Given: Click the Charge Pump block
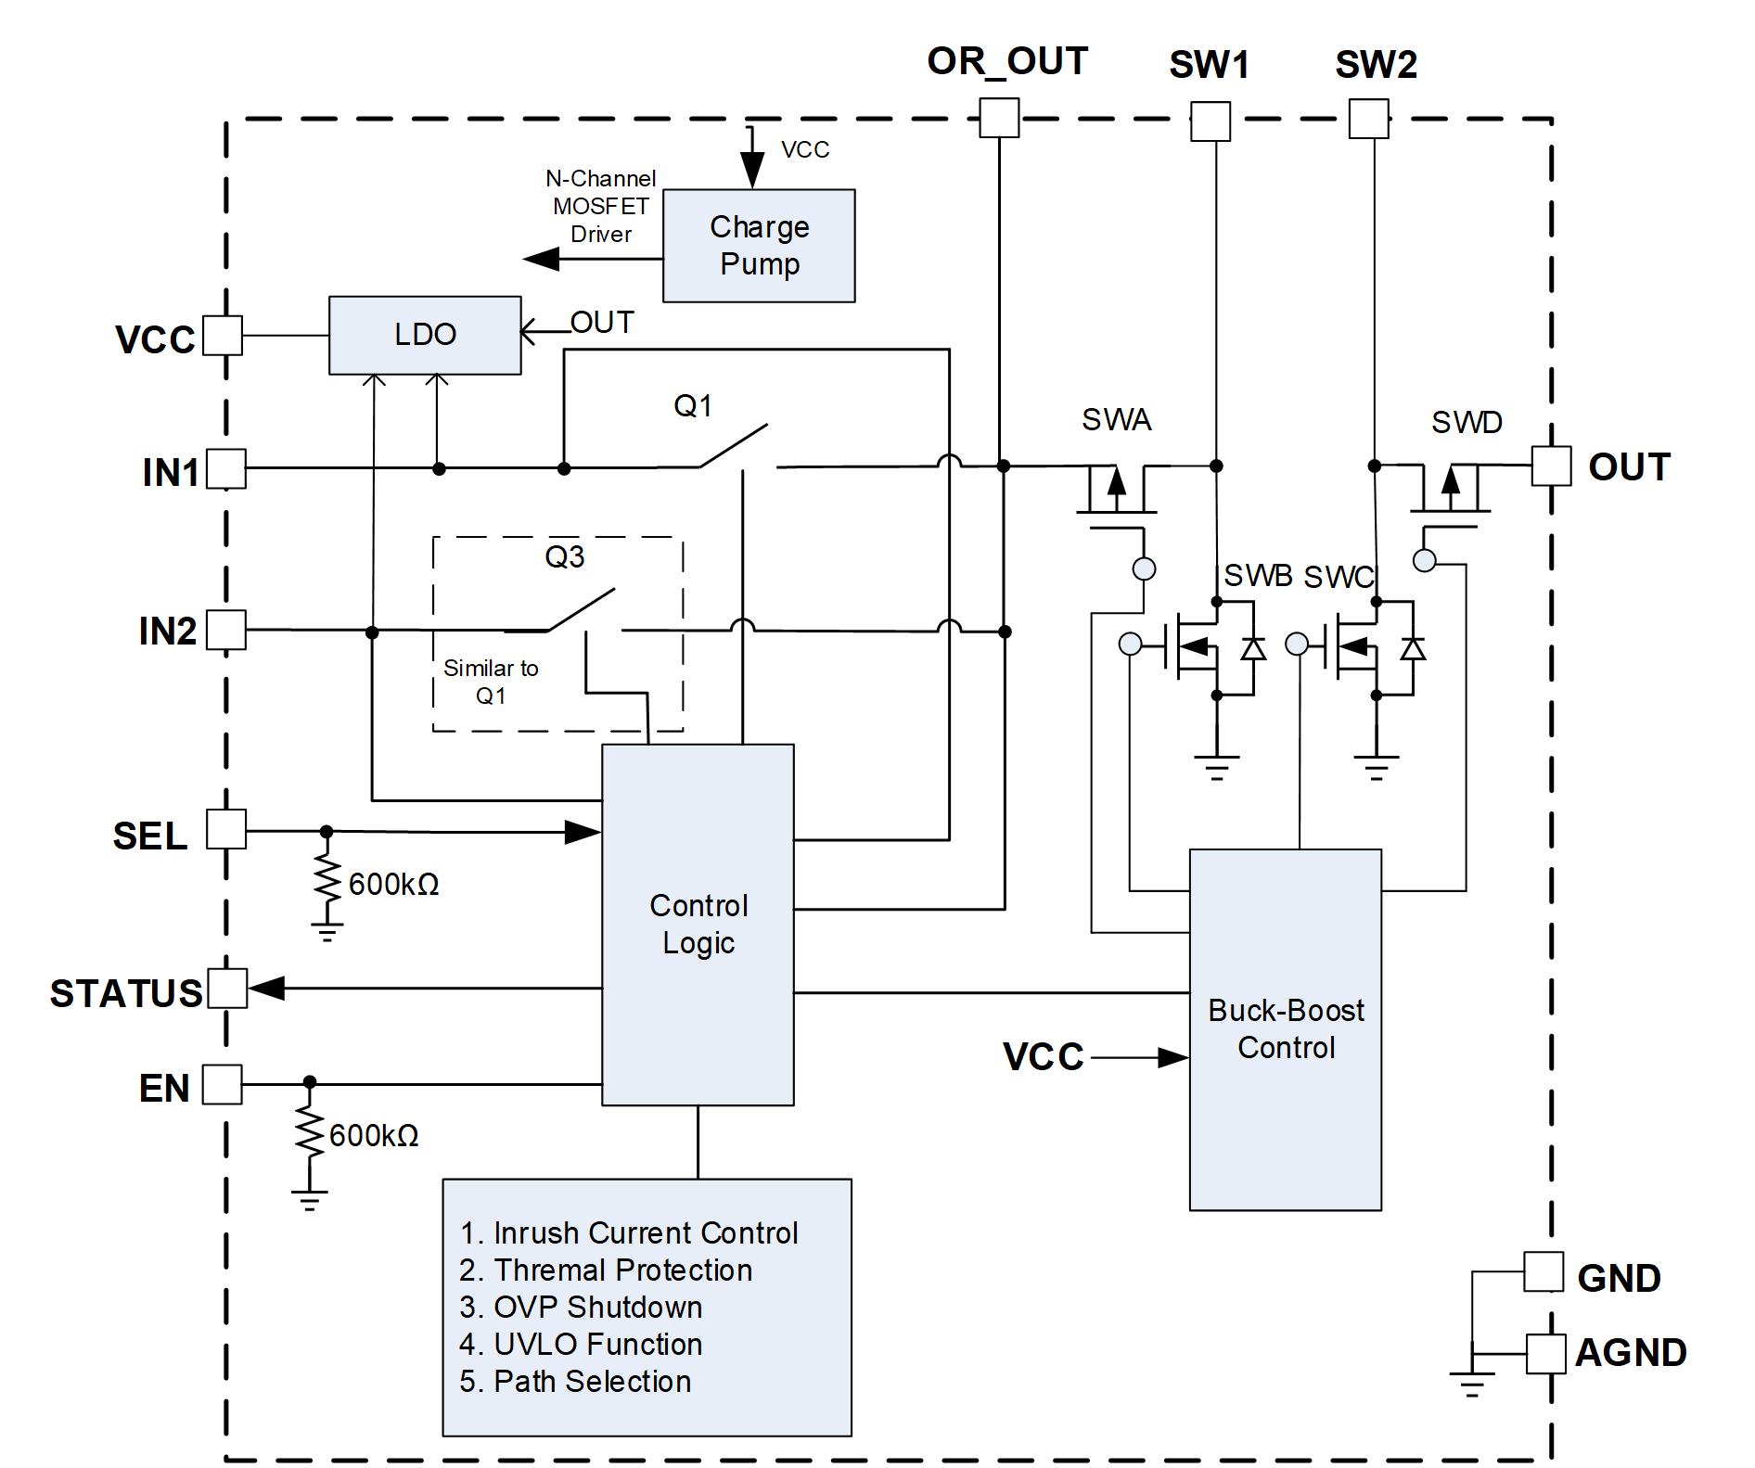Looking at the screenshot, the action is [759, 246].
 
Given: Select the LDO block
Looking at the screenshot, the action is [425, 335].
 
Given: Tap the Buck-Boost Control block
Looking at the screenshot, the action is [1286, 1029].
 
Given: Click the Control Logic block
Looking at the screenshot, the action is [698, 925].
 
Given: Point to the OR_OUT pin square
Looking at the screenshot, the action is [999, 119].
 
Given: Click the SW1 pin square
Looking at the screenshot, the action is [1211, 121].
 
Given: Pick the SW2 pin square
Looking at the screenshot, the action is [1368, 119].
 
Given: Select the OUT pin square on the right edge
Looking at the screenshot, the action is [1551, 466].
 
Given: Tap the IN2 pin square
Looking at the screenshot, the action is [226, 630].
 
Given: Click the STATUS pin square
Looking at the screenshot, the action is [227, 989].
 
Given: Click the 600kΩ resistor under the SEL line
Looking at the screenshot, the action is [327, 875].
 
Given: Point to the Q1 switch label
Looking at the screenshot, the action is [693, 405].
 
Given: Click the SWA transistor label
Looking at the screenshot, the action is [1117, 420].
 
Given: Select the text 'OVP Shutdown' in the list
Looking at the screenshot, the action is [598, 1307].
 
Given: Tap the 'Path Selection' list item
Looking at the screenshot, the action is [593, 1381].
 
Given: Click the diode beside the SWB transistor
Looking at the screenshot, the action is [1253, 648].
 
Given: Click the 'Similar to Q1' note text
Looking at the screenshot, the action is [491, 682].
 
